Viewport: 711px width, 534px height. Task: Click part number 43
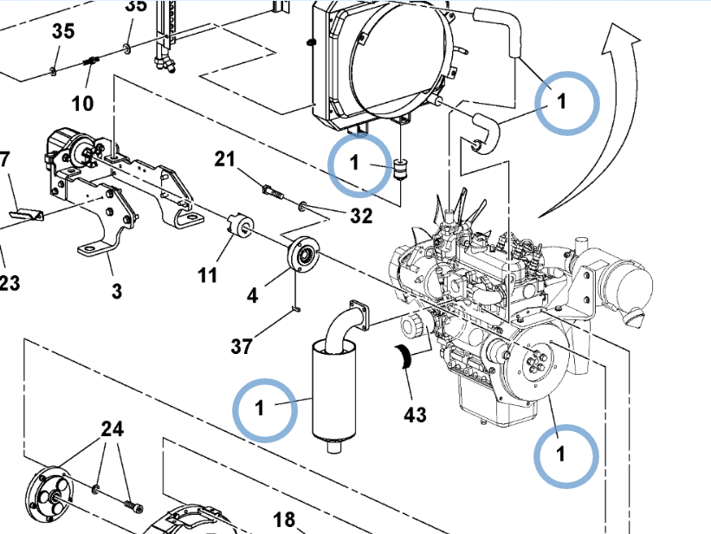tap(415, 415)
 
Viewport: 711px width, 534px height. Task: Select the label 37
tap(242, 347)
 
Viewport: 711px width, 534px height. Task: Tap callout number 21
tap(225, 159)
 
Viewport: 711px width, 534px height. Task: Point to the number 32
tap(361, 216)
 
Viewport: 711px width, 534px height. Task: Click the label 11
tap(207, 275)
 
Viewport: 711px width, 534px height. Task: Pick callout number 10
tap(82, 104)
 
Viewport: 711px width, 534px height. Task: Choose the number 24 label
tap(113, 428)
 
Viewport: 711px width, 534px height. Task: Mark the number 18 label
tap(284, 519)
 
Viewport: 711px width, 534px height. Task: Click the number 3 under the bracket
tap(117, 291)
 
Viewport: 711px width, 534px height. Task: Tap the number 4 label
tap(252, 295)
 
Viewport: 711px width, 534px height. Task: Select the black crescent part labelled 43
tap(405, 357)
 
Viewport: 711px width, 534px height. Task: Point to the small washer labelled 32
tap(301, 207)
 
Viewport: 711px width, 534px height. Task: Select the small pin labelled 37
tap(295, 308)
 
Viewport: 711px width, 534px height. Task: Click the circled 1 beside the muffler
tap(260, 407)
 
